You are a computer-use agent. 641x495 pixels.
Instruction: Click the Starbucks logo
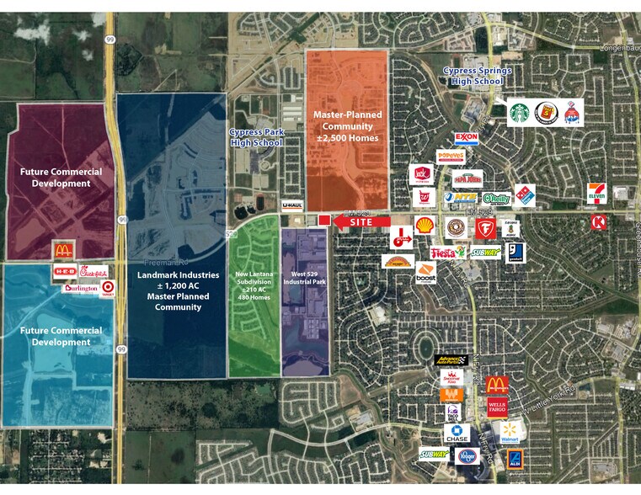point(520,112)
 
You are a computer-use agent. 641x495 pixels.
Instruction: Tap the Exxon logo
point(466,138)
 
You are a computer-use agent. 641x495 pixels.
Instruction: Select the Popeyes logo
point(450,157)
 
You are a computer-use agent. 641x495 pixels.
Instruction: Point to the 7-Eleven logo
point(596,193)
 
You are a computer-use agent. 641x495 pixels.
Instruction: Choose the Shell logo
point(425,225)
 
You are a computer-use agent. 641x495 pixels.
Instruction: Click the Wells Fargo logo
point(497,407)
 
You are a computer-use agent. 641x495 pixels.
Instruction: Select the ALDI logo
point(513,458)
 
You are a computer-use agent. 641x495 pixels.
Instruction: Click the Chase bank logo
point(457,434)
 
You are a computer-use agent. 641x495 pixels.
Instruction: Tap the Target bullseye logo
point(107,288)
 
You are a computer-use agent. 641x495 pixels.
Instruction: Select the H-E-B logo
point(66,271)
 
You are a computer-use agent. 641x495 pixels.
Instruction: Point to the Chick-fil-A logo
point(94,272)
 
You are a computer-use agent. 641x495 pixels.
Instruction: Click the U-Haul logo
point(291,205)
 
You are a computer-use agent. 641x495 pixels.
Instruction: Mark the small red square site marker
point(323,221)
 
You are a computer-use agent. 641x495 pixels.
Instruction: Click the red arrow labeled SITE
point(361,221)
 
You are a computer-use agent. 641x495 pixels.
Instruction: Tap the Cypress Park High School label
point(255,137)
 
